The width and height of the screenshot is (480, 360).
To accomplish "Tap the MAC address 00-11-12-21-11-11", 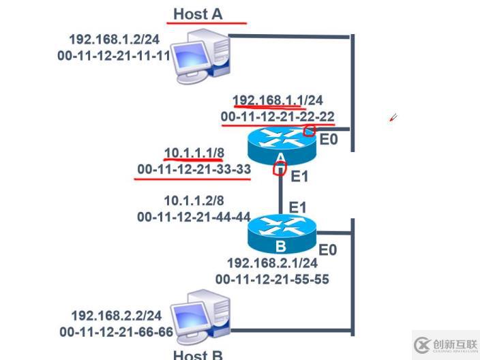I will (x=113, y=55).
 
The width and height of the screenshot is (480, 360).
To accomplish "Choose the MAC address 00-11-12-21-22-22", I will (x=277, y=117).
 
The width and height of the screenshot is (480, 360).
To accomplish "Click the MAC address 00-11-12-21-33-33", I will (x=194, y=168).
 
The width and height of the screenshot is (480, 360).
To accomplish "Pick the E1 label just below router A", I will (x=300, y=177).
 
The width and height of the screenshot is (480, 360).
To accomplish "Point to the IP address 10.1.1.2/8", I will (x=194, y=201).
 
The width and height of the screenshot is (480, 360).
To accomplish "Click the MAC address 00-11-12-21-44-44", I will (x=194, y=217).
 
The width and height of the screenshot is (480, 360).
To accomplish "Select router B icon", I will (x=282, y=234).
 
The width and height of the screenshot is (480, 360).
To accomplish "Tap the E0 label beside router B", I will (x=328, y=250).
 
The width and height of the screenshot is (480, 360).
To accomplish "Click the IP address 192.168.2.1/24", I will (x=272, y=263).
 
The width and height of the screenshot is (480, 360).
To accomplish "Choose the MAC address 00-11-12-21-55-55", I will (x=272, y=279).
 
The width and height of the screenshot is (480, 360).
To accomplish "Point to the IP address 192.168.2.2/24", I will (x=117, y=316).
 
